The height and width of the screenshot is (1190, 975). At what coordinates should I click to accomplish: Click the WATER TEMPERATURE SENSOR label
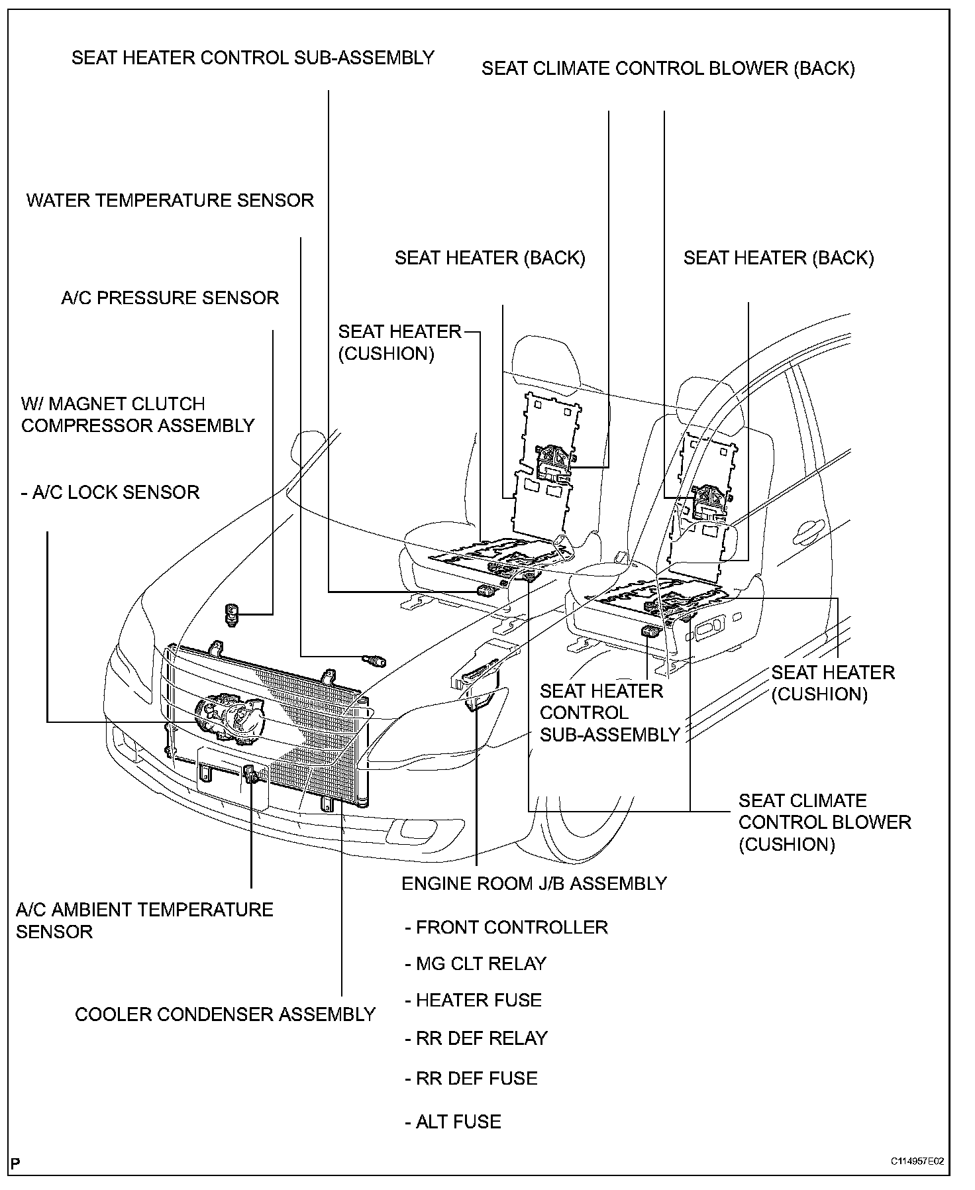(170, 201)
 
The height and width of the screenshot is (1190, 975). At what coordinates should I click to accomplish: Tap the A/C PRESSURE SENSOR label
(170, 298)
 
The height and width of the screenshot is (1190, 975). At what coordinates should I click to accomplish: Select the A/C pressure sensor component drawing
(232, 615)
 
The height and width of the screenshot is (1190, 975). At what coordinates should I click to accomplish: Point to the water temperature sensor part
(375, 660)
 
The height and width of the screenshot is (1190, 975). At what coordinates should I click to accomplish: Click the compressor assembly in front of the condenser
(229, 716)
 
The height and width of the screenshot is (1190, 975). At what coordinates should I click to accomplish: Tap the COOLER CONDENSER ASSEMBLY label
(225, 1014)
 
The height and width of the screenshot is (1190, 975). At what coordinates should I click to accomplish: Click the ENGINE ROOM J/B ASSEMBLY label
(534, 883)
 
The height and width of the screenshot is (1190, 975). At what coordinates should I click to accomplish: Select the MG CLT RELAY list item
(476, 963)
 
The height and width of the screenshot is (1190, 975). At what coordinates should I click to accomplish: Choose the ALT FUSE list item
(453, 1121)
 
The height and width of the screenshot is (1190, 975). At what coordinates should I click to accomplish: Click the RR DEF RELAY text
(476, 1038)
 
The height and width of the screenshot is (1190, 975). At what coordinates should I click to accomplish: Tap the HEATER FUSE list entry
(473, 1000)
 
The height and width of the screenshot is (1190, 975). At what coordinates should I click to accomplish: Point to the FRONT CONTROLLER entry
(506, 927)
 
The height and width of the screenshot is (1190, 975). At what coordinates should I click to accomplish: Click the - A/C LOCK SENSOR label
(110, 492)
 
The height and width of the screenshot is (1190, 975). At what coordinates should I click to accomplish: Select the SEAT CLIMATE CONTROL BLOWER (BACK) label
(668, 69)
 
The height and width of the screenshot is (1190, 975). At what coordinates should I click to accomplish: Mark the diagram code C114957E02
(917, 1162)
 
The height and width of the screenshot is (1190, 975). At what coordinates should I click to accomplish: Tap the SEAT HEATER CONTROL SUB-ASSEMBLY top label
(252, 58)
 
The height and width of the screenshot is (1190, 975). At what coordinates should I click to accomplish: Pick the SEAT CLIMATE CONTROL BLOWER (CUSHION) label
(825, 822)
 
